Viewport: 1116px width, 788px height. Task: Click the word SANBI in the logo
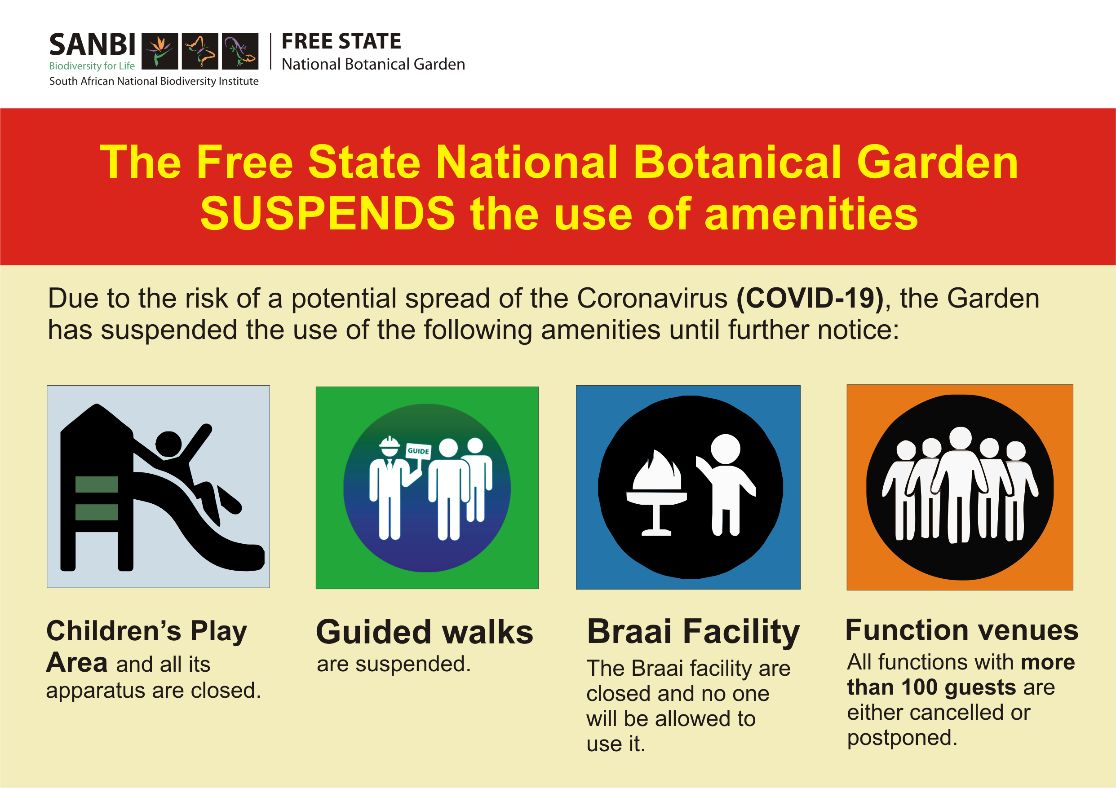[x=93, y=45]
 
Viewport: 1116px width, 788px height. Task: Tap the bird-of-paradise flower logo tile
[x=160, y=51]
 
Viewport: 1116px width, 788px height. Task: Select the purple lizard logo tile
[x=240, y=51]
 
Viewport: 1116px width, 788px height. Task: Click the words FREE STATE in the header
[x=341, y=41]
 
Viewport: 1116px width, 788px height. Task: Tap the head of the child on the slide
[x=168, y=445]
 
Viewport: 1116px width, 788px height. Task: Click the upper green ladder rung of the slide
[x=97, y=484]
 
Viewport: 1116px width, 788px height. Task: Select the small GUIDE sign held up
[x=418, y=451]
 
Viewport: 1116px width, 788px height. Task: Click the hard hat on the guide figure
[x=389, y=443]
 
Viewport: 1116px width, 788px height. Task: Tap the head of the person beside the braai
[x=725, y=449]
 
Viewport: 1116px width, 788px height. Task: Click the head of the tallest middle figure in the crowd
[x=961, y=438]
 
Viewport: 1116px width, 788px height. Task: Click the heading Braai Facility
[x=694, y=633]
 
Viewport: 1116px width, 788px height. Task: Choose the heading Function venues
[x=962, y=630]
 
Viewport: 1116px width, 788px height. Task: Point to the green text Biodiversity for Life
[x=92, y=66]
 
